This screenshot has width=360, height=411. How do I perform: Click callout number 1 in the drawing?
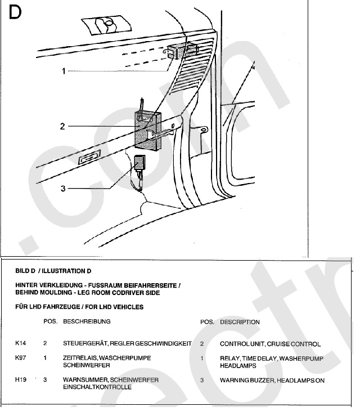pos(64,71)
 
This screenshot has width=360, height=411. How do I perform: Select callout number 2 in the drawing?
pos(62,127)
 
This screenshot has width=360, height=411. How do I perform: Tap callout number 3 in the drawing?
pos(64,188)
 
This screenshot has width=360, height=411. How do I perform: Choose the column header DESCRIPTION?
pos(240,322)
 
